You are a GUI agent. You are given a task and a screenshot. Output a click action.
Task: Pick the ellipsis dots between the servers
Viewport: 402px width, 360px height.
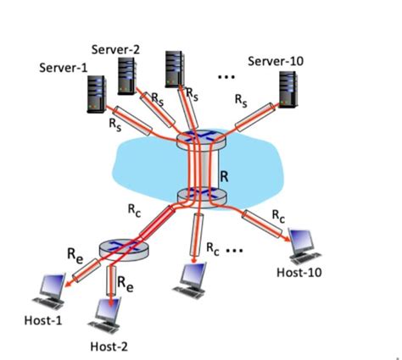[226, 77]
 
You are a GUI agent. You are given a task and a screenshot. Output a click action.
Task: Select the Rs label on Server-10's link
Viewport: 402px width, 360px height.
[242, 99]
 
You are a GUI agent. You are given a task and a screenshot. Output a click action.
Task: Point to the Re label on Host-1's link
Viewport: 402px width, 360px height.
[75, 253]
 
